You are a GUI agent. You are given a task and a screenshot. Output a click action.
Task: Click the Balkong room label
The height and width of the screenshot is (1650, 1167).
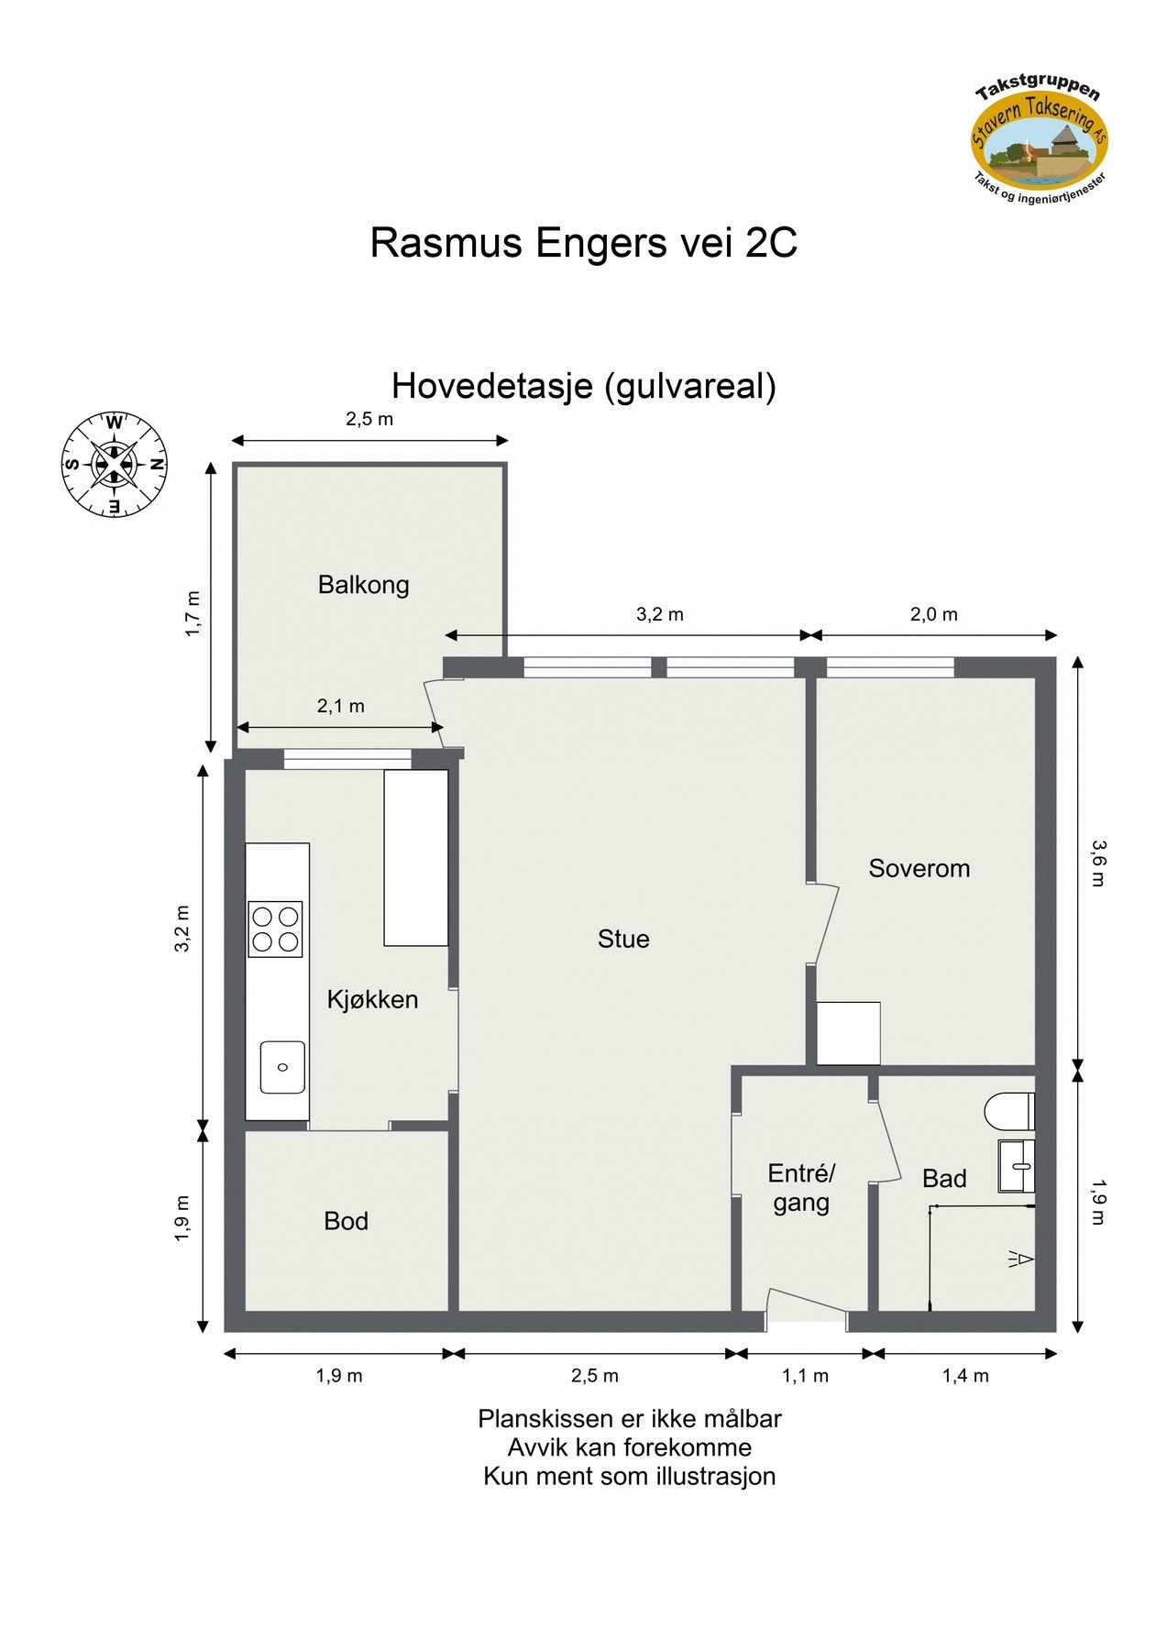point(363,585)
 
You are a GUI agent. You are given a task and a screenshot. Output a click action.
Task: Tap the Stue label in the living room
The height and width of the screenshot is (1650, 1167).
point(623,939)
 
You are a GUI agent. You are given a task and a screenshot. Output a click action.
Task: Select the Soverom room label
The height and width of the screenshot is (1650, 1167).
point(919,868)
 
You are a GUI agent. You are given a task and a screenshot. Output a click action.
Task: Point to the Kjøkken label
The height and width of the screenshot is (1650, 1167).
point(372,999)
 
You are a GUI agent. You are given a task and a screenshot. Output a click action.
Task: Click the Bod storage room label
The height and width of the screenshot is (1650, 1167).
point(346,1221)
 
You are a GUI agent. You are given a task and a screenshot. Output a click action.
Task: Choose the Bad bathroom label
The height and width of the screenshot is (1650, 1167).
point(944,1178)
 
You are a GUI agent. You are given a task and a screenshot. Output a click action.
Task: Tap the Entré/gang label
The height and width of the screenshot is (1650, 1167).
point(801,1188)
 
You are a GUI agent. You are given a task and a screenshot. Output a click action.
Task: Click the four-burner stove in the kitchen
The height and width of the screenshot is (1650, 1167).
point(275,929)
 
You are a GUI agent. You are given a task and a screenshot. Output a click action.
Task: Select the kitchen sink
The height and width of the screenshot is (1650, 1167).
point(282,1067)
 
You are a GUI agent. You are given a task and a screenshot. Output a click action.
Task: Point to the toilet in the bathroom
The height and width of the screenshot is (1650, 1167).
point(1009,1112)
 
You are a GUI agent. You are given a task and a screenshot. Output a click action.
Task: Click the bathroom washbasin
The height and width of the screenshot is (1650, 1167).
point(1016,1166)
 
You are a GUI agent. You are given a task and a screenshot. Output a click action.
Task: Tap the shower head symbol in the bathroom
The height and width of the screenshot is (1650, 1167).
point(1021,1259)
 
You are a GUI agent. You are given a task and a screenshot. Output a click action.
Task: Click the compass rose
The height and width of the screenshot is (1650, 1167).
point(114,464)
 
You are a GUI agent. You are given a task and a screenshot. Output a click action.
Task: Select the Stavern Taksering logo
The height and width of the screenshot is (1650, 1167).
point(1040,142)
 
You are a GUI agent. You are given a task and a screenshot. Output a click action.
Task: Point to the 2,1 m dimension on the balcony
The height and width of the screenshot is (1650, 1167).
point(341,706)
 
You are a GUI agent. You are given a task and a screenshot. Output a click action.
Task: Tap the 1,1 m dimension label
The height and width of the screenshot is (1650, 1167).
point(805,1376)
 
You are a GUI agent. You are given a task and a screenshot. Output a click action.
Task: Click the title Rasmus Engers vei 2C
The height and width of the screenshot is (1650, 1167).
point(584,243)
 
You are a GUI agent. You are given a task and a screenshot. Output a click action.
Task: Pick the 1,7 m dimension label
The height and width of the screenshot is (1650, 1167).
point(193,614)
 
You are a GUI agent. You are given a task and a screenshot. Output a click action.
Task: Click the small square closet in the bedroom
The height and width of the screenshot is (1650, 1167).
point(848,1033)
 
